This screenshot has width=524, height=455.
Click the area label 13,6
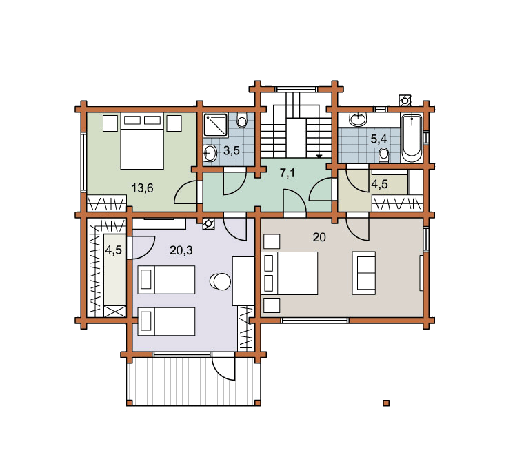[x=142, y=188]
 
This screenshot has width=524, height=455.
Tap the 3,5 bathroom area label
[x=232, y=151]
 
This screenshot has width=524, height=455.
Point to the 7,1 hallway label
[x=288, y=173]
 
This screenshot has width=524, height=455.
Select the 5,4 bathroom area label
[x=379, y=139]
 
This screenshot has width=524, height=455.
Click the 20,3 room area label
[x=181, y=250]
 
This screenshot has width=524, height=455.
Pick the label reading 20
[x=319, y=237]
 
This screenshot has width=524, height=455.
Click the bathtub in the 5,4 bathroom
[x=412, y=138]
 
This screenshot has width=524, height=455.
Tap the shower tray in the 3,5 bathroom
[x=216, y=125]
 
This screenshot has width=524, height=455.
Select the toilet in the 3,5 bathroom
[x=242, y=120]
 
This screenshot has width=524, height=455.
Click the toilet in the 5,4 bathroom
[x=384, y=155]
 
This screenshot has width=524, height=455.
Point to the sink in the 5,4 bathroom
[x=358, y=119]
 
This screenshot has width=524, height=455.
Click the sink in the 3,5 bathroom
[x=210, y=153]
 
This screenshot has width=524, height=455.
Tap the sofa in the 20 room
[x=364, y=273]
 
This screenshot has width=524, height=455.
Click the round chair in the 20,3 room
[x=221, y=281]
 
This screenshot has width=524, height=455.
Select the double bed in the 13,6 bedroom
[x=142, y=141]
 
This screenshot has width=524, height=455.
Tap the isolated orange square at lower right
[x=386, y=403]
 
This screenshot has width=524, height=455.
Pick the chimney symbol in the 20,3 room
[x=208, y=223]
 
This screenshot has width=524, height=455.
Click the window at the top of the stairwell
[x=296, y=89]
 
